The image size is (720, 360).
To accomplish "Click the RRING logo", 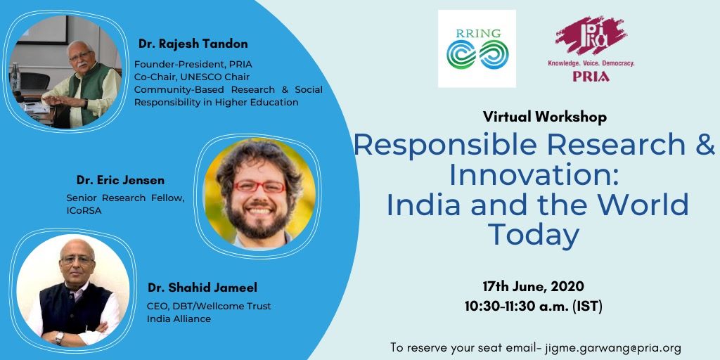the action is click(x=477, y=49).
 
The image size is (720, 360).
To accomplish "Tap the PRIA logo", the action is click(x=591, y=49).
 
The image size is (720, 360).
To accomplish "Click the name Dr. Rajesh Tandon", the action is click(x=193, y=44).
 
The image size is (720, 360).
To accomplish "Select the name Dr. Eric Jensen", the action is click(x=120, y=181).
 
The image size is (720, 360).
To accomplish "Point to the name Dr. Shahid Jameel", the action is click(x=202, y=288).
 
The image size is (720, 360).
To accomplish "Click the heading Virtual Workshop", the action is click(x=545, y=117).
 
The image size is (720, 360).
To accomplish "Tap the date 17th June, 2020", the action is click(x=533, y=287).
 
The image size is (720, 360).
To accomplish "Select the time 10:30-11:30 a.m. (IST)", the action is click(x=533, y=307).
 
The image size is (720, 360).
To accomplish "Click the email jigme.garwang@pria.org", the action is click(x=612, y=347).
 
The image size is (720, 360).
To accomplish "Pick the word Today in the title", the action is click(x=533, y=235).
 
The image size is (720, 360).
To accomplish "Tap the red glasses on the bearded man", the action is click(x=259, y=186).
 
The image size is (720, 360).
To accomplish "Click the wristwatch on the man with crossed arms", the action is click(x=59, y=338).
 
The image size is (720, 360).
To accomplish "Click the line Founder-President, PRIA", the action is click(x=193, y=64).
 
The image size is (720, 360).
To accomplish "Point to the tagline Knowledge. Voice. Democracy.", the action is click(x=591, y=63).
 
